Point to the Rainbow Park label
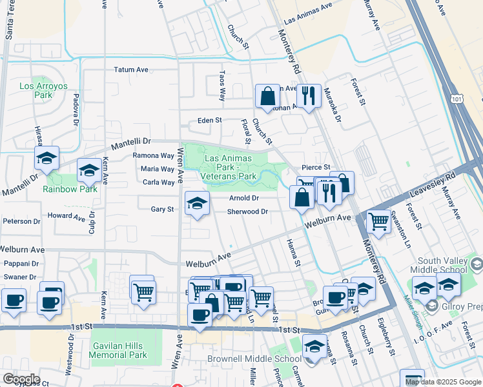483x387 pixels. (70, 189)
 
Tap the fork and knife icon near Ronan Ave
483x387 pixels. (309, 96)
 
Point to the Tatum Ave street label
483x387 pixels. (131, 70)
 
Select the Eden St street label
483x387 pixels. (209, 121)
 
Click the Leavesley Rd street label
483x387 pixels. (433, 186)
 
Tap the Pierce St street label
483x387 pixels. (317, 167)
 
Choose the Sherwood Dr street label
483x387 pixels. (247, 212)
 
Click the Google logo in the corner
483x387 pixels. (21, 379)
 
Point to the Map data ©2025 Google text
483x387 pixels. (442, 382)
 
